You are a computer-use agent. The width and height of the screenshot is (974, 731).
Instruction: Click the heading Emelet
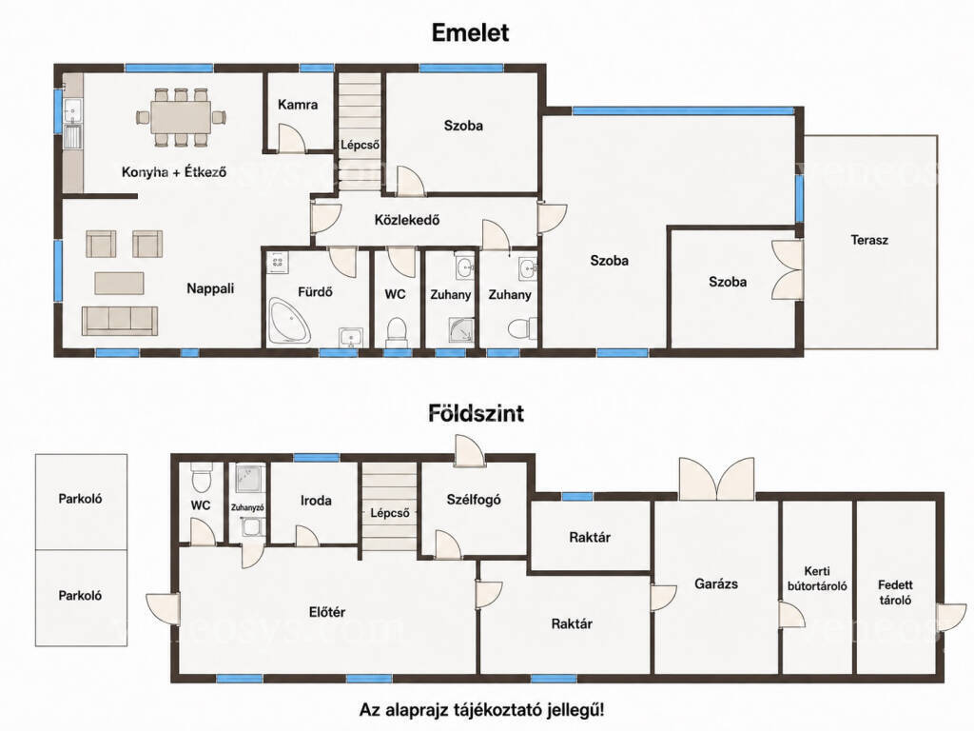click(x=470, y=33)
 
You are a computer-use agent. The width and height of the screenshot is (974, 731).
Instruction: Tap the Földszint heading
click(x=476, y=413)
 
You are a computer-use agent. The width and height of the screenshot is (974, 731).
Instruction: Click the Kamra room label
click(x=298, y=105)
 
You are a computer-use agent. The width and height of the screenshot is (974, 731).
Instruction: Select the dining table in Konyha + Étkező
click(x=181, y=116)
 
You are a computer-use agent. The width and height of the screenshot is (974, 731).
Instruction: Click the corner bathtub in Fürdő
click(x=289, y=320)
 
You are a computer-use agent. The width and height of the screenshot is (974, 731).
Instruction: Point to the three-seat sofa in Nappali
click(x=120, y=320)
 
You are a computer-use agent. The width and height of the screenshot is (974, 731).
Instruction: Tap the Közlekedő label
click(x=407, y=220)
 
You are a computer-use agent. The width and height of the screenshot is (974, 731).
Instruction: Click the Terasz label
click(x=869, y=240)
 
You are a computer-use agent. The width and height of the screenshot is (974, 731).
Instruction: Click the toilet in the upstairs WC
click(x=397, y=332)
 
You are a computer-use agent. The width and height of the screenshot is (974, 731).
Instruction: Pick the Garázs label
click(x=716, y=583)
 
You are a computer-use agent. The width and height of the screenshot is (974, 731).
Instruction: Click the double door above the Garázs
click(x=717, y=479)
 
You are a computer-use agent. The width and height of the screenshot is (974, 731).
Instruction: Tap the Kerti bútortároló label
click(x=817, y=578)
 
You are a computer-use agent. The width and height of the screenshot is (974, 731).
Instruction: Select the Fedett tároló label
click(x=895, y=592)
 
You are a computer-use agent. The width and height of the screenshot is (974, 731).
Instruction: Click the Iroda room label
click(x=316, y=501)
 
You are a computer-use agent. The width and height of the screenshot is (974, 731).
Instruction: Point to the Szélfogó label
click(x=474, y=499)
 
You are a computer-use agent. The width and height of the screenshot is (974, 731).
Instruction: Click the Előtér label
click(x=327, y=612)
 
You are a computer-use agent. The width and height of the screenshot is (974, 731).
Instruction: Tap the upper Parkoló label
click(x=80, y=499)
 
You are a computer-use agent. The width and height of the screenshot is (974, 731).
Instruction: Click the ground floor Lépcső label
click(x=389, y=513)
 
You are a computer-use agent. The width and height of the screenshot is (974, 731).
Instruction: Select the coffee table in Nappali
click(x=119, y=283)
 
